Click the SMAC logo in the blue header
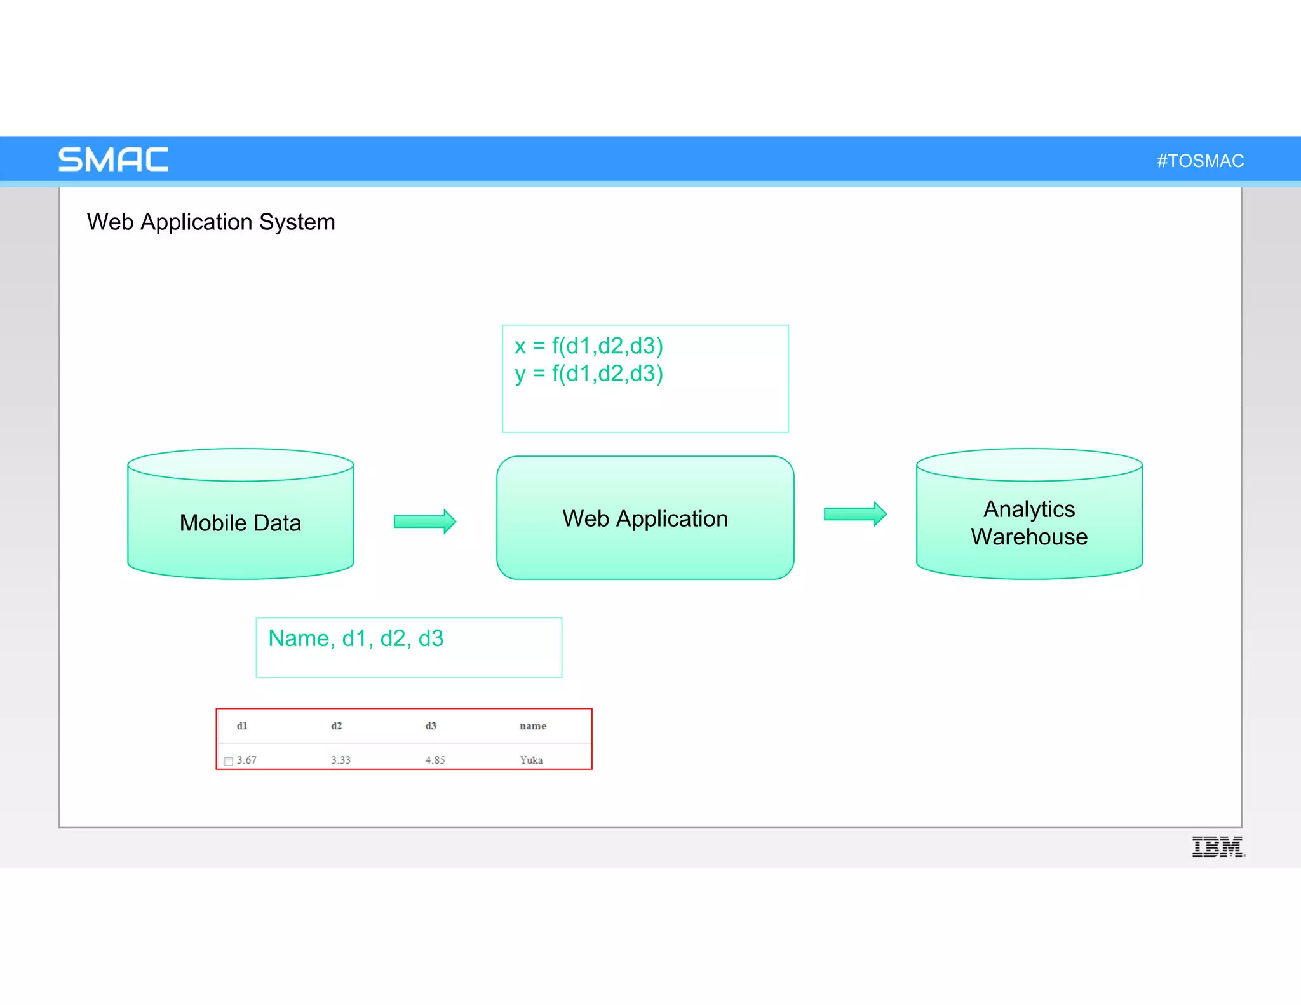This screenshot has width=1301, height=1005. (113, 159)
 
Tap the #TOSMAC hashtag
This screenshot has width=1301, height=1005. (1199, 161)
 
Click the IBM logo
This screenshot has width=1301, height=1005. (1217, 846)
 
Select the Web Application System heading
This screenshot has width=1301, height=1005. (211, 222)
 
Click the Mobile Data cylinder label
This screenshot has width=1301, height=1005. (240, 523)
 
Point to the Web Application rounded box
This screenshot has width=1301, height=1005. (645, 518)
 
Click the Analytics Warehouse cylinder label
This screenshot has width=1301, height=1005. (1028, 523)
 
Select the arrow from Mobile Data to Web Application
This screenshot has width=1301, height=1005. (424, 522)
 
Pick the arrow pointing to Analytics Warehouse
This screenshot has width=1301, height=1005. (854, 514)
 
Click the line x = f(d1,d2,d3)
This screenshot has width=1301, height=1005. (588, 346)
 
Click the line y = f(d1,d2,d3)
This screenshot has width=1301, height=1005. (588, 374)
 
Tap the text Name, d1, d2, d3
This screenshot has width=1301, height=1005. (356, 638)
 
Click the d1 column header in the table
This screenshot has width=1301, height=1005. (242, 725)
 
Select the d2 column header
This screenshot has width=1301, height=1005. (336, 725)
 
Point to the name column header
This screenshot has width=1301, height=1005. (532, 725)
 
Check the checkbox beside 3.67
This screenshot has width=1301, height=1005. (228, 761)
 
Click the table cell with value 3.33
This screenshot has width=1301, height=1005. (340, 760)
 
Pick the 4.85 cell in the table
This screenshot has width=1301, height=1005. (435, 760)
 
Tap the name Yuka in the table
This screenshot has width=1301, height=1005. (531, 760)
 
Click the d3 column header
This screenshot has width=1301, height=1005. (431, 725)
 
